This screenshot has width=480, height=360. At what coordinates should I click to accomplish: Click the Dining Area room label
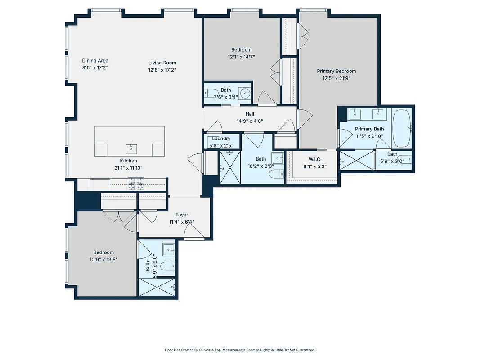point(95,61)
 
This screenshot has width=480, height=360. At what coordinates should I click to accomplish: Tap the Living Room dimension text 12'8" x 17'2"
point(162,70)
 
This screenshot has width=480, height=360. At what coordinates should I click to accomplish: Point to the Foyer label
point(182,215)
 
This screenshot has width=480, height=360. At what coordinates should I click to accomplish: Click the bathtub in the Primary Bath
point(401,128)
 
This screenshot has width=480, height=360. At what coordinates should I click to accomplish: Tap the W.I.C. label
point(314,159)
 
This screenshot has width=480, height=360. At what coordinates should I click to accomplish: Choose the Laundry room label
point(221,139)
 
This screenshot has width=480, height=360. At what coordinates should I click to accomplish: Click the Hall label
point(250,114)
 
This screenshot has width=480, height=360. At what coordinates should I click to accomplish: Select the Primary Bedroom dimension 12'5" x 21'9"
point(336,78)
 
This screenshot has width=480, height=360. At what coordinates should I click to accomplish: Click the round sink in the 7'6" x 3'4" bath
point(245,94)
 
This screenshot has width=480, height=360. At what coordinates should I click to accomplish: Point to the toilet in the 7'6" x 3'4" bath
point(210,94)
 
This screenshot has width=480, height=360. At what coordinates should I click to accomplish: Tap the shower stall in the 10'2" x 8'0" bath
point(230,167)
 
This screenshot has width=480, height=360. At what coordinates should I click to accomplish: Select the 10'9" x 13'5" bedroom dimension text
point(103,259)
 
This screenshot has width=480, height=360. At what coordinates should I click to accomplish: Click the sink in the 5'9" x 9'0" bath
point(169,249)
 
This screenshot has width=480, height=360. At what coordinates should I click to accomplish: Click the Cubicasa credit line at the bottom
point(240,350)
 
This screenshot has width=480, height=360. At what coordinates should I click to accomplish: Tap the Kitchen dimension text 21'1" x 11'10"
point(128,168)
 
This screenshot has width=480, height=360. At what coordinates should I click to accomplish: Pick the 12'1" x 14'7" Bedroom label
point(242,50)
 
